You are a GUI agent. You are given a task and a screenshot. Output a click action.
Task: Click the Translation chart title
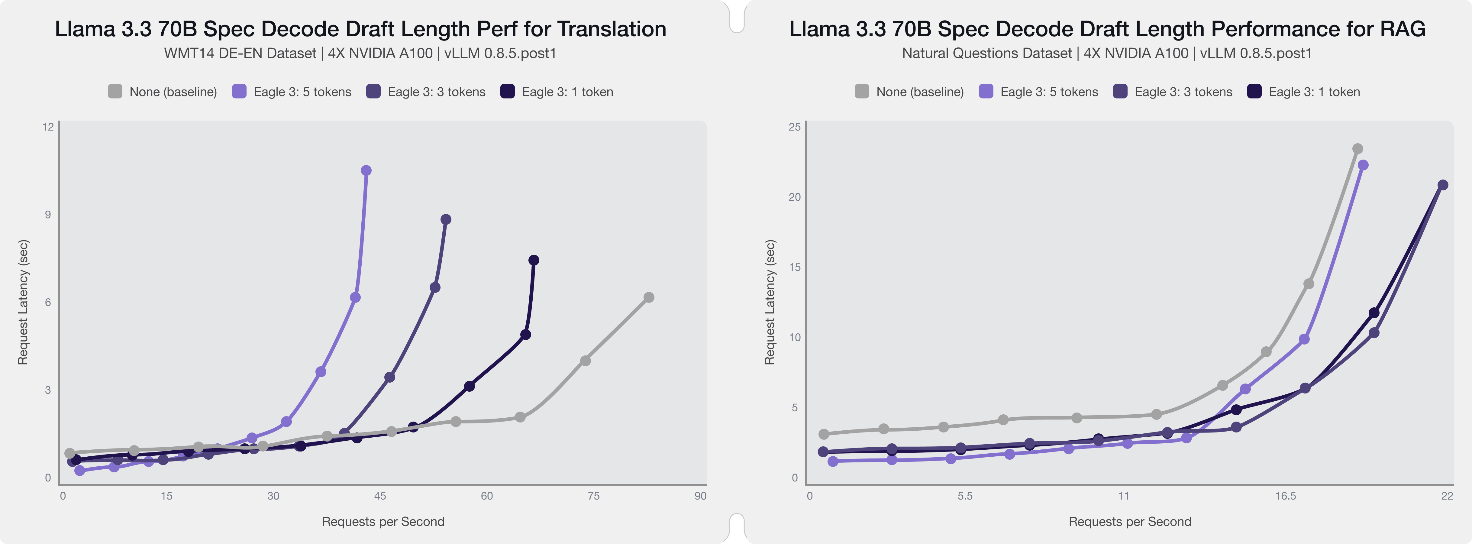click(360, 29)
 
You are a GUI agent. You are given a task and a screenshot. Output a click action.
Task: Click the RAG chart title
click(1107, 29)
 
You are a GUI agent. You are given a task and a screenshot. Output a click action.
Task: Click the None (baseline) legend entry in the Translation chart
click(163, 92)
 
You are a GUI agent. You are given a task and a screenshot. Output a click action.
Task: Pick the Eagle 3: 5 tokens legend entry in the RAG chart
click(1039, 92)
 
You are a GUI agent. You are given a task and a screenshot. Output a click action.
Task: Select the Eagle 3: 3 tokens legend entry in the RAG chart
click(1173, 92)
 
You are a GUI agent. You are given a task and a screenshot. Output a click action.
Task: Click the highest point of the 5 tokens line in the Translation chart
click(366, 170)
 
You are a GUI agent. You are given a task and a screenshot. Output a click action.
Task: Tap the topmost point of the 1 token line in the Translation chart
click(534, 260)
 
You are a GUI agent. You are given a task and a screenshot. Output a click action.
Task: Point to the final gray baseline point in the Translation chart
click(649, 297)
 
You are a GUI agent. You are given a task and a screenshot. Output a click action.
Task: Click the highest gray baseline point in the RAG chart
click(1358, 149)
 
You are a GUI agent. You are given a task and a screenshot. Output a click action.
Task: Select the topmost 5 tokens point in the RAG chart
click(1363, 165)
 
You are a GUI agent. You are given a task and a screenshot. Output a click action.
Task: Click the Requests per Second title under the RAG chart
click(1130, 521)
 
